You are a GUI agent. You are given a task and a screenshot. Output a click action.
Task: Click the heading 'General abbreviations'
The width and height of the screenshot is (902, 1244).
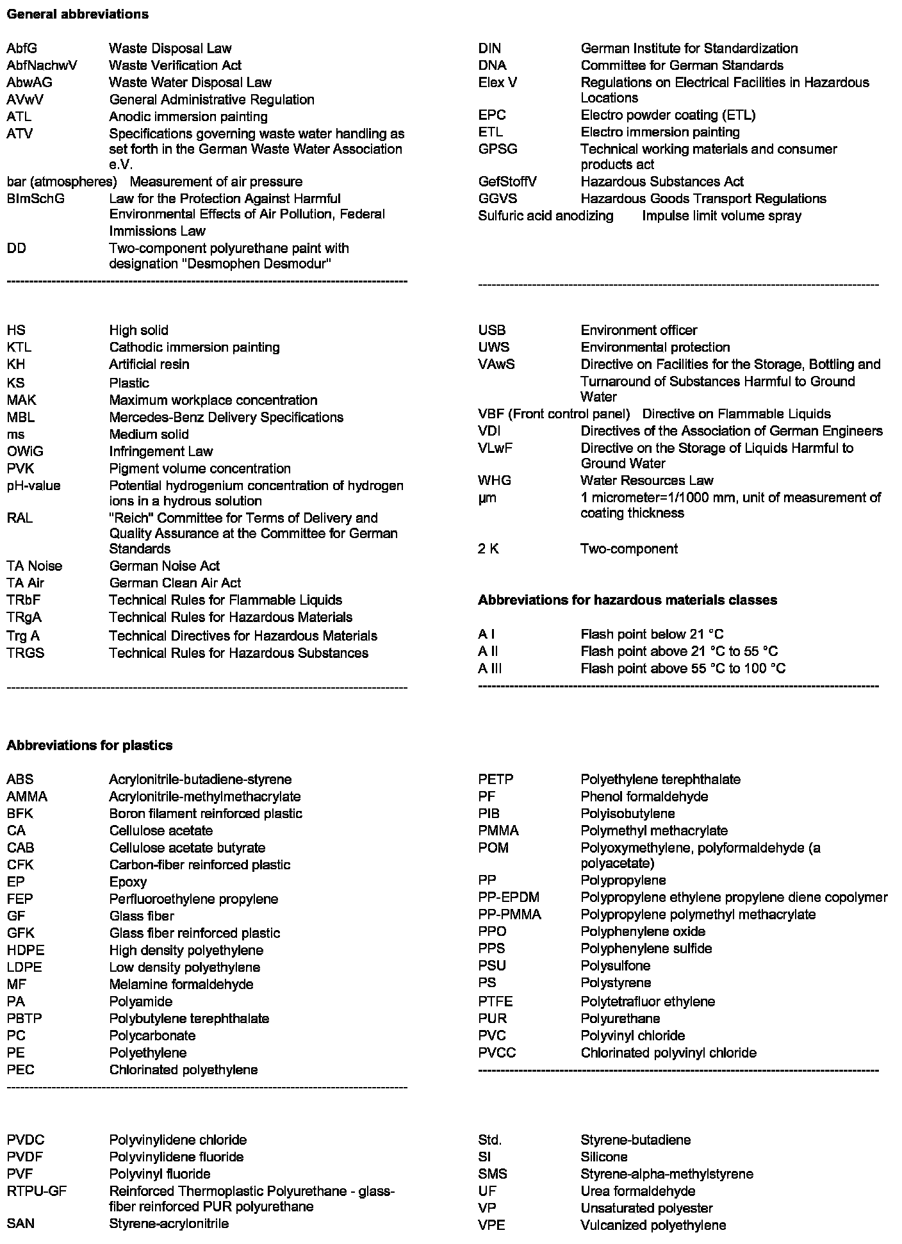point(78,14)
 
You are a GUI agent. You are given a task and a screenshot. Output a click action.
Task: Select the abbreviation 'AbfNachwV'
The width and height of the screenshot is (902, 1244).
point(42,65)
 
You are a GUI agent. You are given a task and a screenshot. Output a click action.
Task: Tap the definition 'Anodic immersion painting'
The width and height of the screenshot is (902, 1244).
point(188,117)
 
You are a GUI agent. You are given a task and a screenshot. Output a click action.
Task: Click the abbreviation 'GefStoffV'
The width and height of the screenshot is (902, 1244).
point(507,181)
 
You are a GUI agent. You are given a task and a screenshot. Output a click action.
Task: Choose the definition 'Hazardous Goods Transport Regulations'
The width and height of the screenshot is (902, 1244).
point(703,199)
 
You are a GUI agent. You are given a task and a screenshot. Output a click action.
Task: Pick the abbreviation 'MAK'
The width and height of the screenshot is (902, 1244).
point(22,400)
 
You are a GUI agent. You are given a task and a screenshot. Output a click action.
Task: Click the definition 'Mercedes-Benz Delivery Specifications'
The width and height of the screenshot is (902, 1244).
point(226,418)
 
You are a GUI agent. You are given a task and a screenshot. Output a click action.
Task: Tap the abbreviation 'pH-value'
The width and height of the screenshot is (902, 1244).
point(34,486)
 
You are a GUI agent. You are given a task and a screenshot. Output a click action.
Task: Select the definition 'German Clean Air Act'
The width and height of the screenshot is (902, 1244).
point(176,583)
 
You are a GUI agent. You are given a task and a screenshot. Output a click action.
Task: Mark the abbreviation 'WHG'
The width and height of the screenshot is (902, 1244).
point(495,480)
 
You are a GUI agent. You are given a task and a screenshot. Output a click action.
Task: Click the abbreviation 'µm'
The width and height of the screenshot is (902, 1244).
point(488,498)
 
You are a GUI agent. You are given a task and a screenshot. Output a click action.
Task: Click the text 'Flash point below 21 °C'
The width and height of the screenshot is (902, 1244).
point(652,635)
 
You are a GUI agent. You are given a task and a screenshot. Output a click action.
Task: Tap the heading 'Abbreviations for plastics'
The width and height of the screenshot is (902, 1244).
point(90,746)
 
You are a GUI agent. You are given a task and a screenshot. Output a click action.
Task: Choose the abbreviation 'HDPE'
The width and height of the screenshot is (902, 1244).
point(26,951)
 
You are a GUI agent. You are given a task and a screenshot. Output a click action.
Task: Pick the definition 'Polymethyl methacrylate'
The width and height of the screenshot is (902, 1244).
point(654,831)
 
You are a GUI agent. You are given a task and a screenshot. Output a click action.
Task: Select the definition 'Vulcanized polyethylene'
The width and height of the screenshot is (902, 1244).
point(653,1225)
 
